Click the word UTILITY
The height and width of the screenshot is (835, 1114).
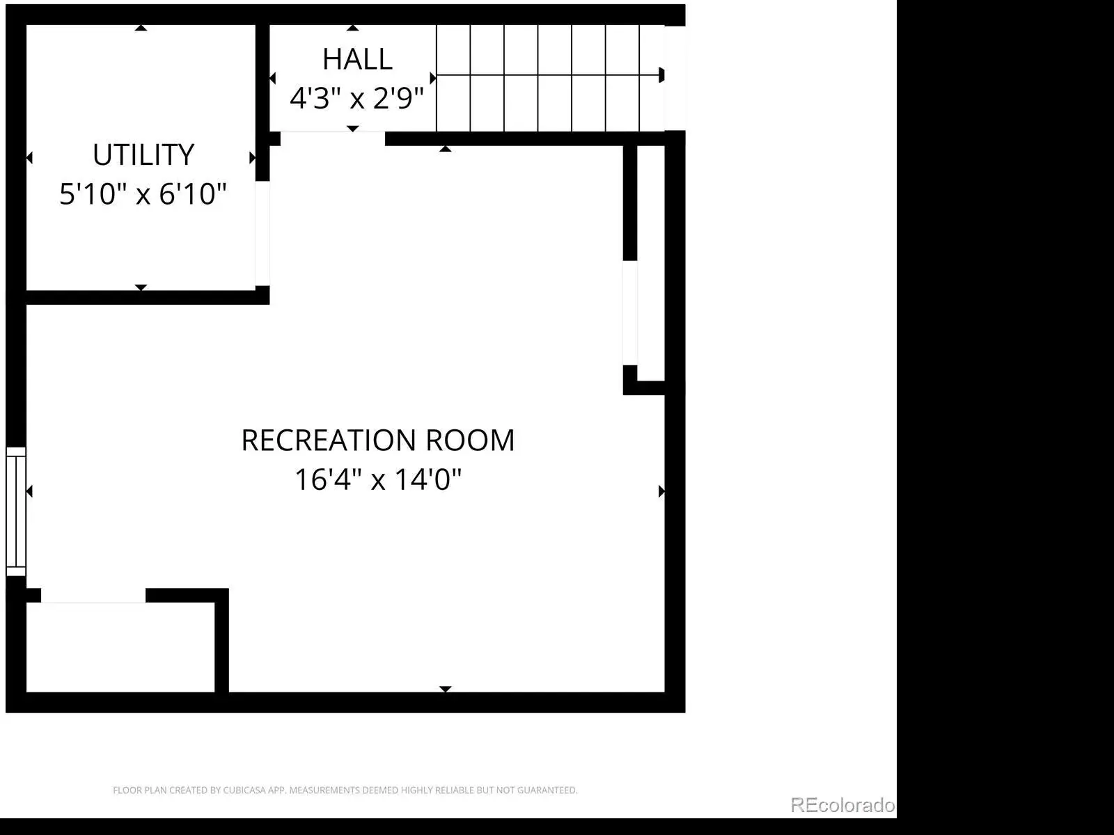coord(143,154)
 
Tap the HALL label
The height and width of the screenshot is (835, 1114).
coord(357,59)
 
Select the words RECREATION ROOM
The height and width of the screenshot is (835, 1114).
coord(378,440)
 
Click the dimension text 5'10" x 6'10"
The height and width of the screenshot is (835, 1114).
coord(143,193)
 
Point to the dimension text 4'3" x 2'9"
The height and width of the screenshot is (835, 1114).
coord(356,98)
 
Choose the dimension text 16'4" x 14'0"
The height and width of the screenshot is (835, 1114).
coord(378,479)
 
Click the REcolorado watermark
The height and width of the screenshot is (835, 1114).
coord(842,804)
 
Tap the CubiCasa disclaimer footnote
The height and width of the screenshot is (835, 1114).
coord(345,790)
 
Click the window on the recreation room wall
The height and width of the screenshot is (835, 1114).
coord(16,511)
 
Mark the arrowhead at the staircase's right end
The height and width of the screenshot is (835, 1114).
coord(661,75)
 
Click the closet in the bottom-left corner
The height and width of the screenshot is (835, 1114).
coord(120,647)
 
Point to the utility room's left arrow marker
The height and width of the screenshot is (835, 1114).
coord(29,158)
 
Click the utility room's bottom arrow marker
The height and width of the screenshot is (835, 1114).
coord(141,287)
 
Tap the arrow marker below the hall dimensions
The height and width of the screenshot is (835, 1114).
coord(353,129)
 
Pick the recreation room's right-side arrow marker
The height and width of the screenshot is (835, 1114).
coord(661,491)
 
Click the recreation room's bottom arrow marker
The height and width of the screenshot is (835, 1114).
coord(445,689)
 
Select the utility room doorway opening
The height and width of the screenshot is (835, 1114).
coord(262,234)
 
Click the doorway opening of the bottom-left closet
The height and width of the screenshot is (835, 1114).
coord(93,596)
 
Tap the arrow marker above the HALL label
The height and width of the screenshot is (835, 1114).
coord(353,28)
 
